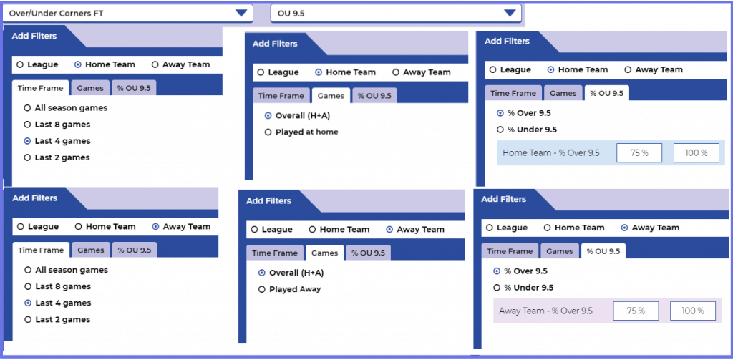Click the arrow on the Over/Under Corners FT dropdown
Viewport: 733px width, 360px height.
coord(241,13)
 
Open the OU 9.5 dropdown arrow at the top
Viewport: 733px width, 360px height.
coord(510,13)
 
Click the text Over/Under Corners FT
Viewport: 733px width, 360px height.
coord(56,14)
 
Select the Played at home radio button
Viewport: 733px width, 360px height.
coord(268,132)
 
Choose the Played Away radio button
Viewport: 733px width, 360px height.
coord(262,289)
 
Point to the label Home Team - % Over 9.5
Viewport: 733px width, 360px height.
coord(551,153)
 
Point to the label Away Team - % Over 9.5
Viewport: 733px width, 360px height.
coord(546,311)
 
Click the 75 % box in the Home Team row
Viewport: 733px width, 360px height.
coord(639,153)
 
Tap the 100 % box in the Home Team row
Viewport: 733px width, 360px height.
coord(696,153)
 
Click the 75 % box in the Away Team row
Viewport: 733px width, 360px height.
coord(636,311)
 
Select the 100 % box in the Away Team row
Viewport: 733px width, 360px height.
coord(693,311)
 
